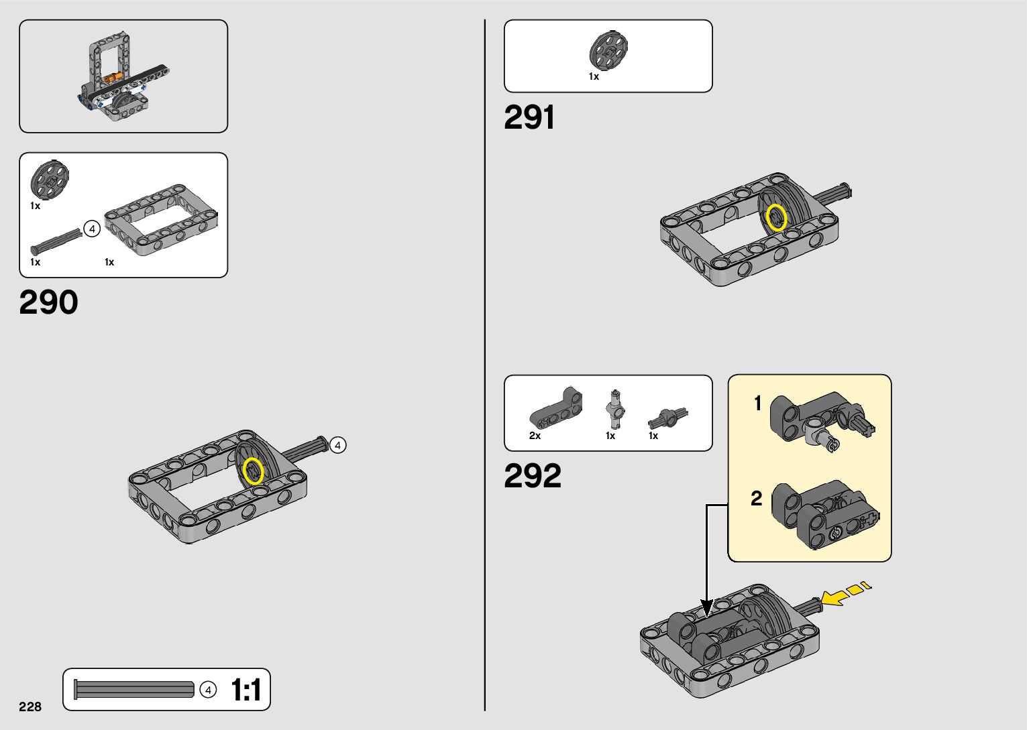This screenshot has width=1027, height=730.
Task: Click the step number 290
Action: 48,303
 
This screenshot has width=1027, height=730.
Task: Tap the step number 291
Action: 529,118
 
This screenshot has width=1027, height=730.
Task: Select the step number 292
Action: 532,477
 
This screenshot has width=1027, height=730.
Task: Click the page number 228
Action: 30,707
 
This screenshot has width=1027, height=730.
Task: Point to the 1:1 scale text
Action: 246,690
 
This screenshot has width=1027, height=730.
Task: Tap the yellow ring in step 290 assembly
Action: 253,471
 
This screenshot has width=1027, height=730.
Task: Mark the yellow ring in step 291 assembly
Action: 776,218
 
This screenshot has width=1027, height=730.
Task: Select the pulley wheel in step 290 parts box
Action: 50,180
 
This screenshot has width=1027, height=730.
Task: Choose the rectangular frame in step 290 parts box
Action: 162,220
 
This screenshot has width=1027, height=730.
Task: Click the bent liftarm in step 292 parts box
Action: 556,408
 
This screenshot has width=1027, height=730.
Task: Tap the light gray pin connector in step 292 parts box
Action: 614,408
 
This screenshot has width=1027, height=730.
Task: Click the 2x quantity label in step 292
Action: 535,436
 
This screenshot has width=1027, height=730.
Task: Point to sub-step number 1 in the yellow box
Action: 758,404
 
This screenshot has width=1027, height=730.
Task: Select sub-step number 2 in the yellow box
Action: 757,498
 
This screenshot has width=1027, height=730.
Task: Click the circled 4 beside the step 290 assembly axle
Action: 338,445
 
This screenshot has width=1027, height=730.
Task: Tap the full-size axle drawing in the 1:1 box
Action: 134,690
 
